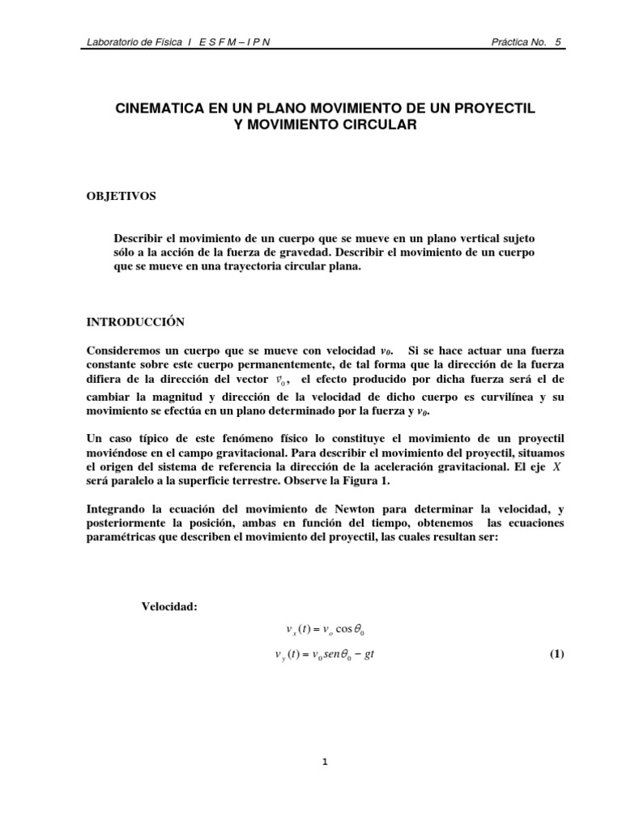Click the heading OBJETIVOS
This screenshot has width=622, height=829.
121,196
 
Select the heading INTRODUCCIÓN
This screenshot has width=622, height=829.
135,322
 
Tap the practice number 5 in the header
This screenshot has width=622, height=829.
559,42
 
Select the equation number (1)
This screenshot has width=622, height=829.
556,654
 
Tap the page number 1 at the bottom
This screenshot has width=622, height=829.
324,762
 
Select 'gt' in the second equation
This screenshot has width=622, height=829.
369,655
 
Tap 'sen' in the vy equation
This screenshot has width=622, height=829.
324,655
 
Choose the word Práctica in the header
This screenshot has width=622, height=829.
511,42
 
